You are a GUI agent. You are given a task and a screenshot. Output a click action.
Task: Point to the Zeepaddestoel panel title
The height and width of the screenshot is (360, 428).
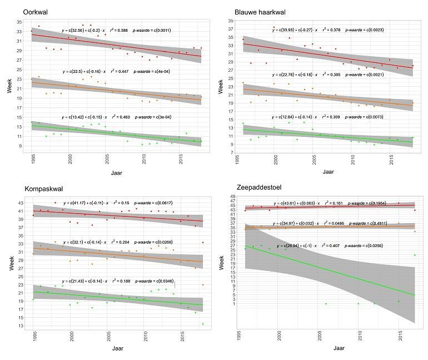click(x=256, y=189)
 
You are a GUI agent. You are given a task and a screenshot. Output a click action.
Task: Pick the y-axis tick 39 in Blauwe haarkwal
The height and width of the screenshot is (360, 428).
click(x=233, y=21)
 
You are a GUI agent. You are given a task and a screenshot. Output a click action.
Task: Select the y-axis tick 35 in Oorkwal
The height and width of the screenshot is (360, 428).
click(x=19, y=21)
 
